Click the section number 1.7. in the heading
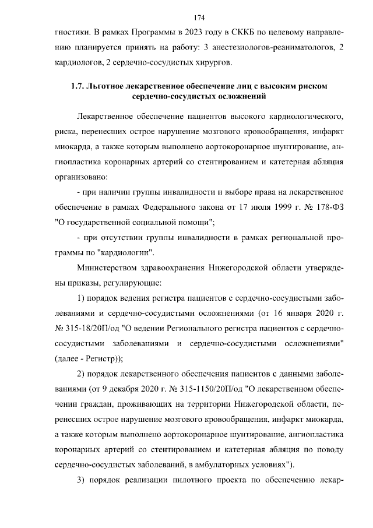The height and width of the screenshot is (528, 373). click(x=76, y=86)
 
